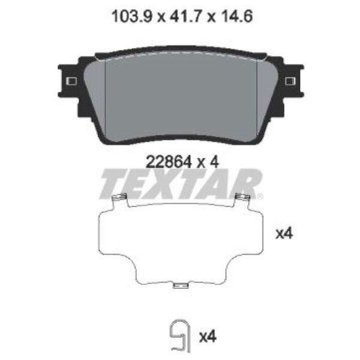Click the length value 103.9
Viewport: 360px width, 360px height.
point(132,16)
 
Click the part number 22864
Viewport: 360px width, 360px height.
point(169,162)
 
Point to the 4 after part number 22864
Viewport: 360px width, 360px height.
point(214,162)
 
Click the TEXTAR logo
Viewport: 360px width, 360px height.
point(181,184)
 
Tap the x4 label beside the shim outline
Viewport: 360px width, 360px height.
point(284,234)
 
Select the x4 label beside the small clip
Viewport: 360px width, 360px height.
point(208,337)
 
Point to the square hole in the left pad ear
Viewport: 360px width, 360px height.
point(71,81)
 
